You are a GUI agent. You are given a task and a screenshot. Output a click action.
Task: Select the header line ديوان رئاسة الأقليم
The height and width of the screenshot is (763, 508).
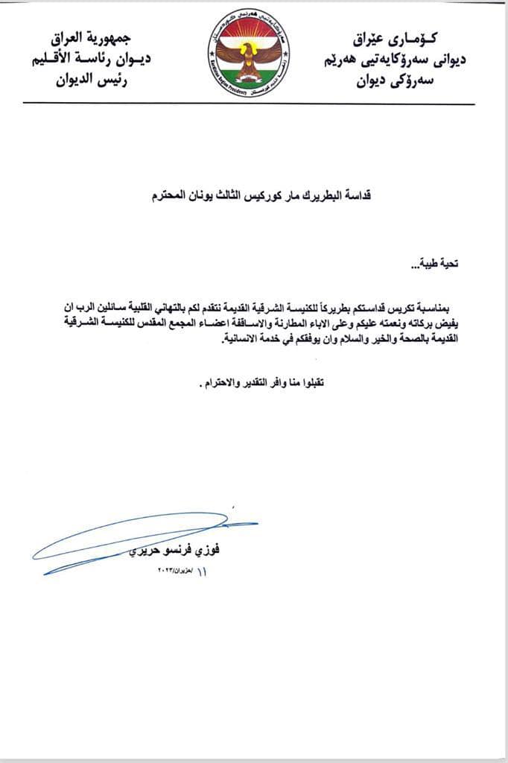point(89,60)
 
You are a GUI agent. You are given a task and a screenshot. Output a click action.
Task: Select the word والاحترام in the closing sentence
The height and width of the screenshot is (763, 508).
point(223,384)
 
